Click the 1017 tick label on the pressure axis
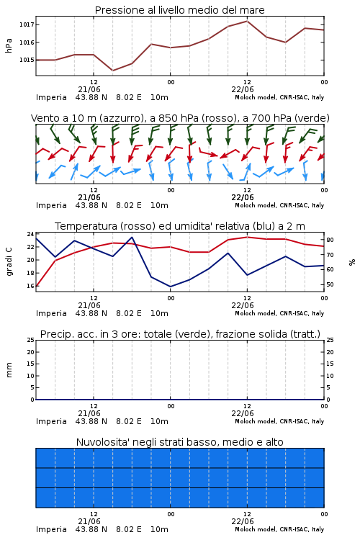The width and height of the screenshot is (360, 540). click(x=27, y=24)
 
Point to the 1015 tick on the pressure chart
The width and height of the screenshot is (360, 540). click(x=27, y=60)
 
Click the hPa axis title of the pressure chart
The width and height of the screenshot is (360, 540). click(x=9, y=45)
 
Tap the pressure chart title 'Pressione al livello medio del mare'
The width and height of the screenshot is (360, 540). click(x=180, y=10)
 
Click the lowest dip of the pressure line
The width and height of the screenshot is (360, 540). click(x=112, y=71)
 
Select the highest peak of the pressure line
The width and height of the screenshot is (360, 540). click(x=247, y=21)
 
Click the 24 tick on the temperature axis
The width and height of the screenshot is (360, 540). click(x=30, y=234)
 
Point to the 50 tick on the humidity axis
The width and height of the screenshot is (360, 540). click(x=330, y=284)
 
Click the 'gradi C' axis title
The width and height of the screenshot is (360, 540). click(x=9, y=261)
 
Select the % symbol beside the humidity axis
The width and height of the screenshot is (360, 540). click(x=352, y=262)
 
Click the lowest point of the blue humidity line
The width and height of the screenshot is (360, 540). click(x=170, y=287)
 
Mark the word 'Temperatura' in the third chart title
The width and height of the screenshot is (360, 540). click(x=86, y=226)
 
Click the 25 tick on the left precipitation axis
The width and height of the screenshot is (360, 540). click(x=30, y=340)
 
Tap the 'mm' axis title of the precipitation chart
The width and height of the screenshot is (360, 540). click(x=9, y=370)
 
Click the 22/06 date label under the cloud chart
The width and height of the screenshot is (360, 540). click(x=243, y=521)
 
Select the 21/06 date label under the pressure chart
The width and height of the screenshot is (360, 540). click(x=89, y=89)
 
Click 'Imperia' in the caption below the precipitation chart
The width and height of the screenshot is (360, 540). click(x=51, y=421)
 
